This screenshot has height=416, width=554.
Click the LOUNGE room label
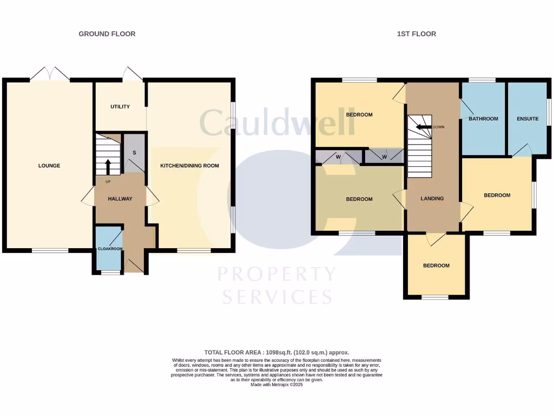(x=49, y=166)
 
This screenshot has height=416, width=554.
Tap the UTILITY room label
(x=120, y=107)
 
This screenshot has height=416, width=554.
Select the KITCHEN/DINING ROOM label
(x=189, y=166)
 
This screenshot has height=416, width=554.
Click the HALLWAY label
(x=120, y=199)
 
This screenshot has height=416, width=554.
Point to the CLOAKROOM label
(x=110, y=249)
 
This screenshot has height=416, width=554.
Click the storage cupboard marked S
(x=134, y=153)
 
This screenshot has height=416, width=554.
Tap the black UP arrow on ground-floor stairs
(x=108, y=165)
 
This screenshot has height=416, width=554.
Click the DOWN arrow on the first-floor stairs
(x=422, y=127)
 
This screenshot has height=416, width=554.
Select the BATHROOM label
(x=483, y=119)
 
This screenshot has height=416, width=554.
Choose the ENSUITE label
(x=527, y=119)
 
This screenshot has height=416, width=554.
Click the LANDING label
(x=432, y=199)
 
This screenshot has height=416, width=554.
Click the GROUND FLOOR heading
(x=107, y=34)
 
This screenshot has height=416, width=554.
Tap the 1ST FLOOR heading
(x=417, y=34)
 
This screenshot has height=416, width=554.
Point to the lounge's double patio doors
(x=50, y=74)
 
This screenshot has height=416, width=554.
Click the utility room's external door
(x=132, y=74)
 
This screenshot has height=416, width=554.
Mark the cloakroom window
(x=110, y=272)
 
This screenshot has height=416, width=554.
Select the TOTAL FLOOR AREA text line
(x=276, y=352)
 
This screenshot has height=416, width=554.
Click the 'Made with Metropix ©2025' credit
(x=276, y=385)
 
